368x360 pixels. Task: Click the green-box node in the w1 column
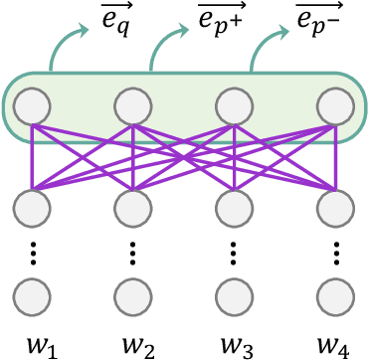[33, 104]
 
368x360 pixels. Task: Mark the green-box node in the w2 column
[133, 104]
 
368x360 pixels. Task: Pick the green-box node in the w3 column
[234, 104]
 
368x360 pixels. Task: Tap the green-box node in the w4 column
[334, 104]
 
